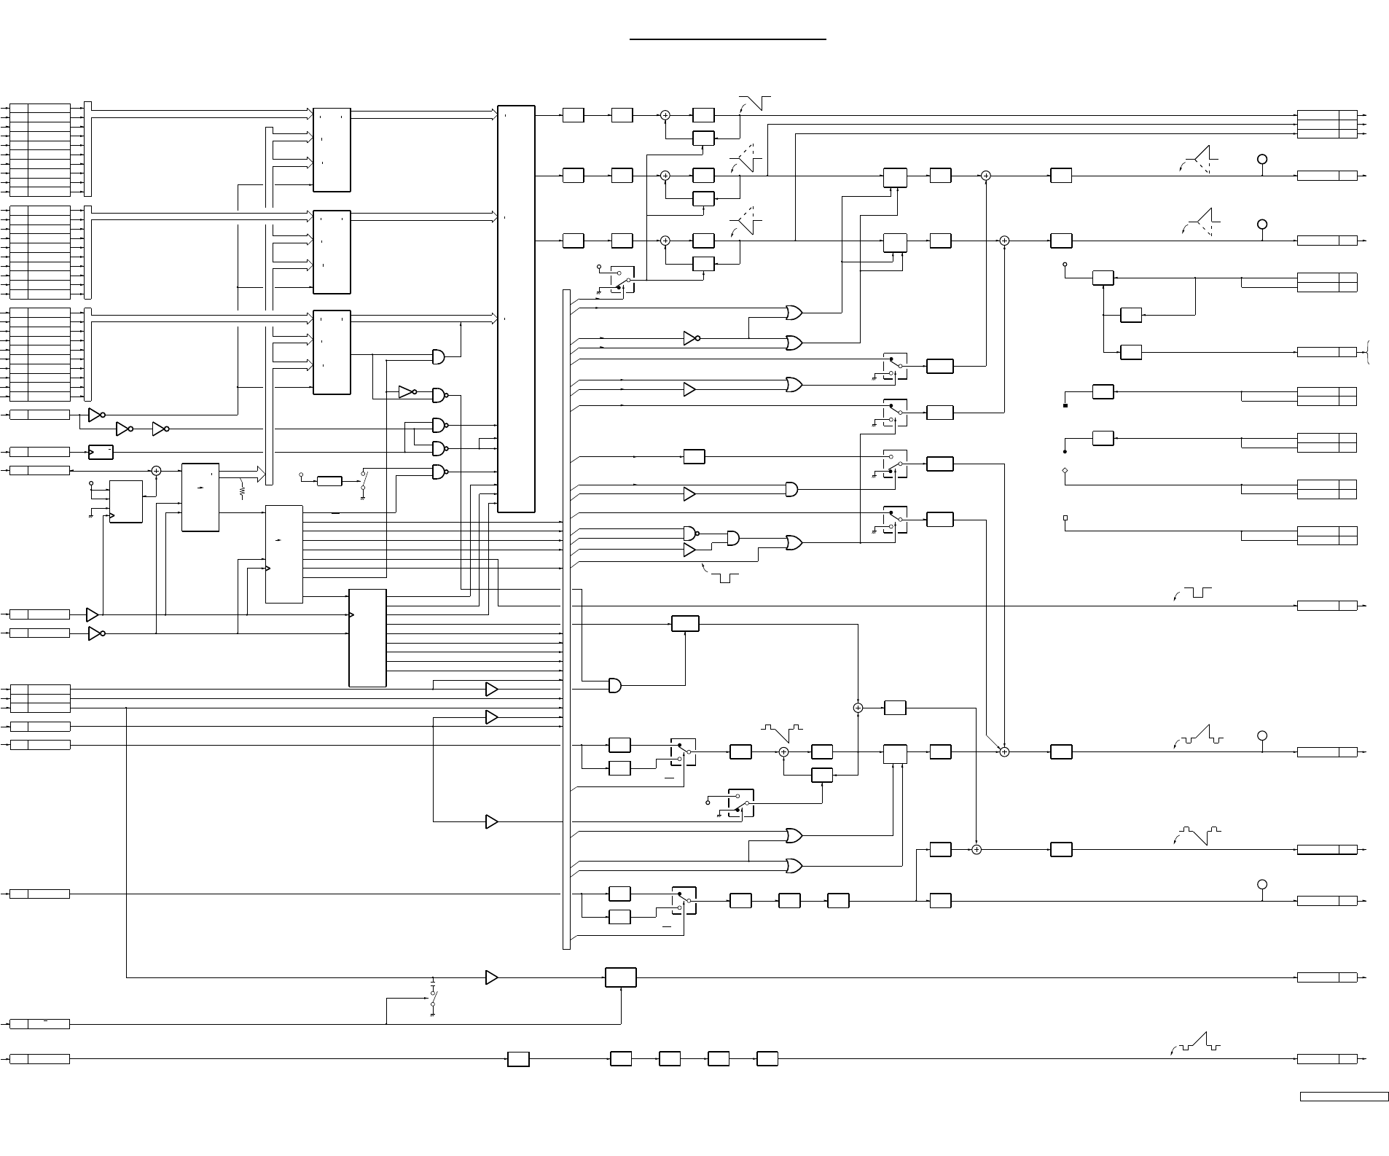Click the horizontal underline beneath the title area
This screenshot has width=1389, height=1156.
(x=727, y=39)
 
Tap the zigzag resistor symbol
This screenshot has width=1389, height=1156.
(x=241, y=492)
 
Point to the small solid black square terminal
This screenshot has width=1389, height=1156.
(x=1065, y=405)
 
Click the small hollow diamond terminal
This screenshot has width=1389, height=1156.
(x=1065, y=471)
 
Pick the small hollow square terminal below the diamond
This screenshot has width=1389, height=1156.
(x=1065, y=518)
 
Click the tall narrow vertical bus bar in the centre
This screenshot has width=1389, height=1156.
(x=566, y=620)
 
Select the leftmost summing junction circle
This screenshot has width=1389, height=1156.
(x=156, y=471)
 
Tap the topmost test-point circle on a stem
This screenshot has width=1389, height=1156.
(x=1262, y=159)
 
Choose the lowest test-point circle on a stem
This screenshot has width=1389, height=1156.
(x=1262, y=884)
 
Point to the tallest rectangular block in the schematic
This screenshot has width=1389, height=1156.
(x=516, y=309)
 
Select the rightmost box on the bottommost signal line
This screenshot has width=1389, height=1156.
(x=767, y=1058)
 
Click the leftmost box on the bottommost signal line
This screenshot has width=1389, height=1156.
(x=518, y=1058)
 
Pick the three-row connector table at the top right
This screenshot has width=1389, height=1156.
(x=1326, y=124)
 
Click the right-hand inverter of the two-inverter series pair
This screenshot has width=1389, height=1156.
(x=160, y=429)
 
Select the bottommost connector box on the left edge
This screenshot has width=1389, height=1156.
(x=40, y=1058)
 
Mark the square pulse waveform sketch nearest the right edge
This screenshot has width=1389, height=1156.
(x=1197, y=592)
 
